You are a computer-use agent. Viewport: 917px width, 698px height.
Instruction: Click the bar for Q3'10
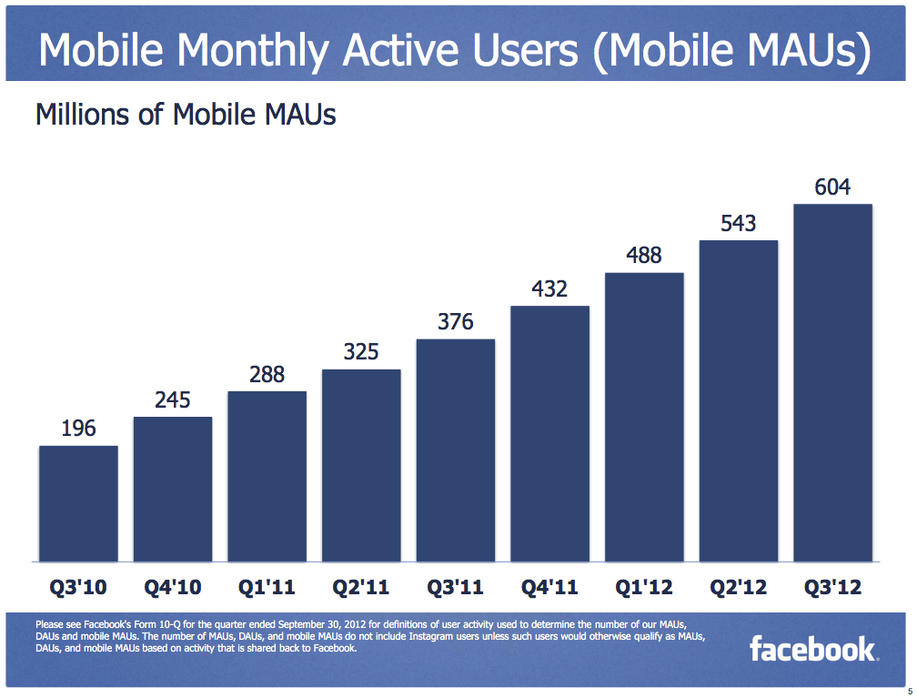pyautogui.click(x=78, y=503)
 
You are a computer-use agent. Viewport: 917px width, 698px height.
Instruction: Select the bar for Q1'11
pyautogui.click(x=267, y=476)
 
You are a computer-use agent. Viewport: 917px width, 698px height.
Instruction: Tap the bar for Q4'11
pyautogui.click(x=549, y=433)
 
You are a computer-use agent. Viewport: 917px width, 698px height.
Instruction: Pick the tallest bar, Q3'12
pyautogui.click(x=832, y=382)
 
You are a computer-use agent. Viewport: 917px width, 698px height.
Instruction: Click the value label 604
pyautogui.click(x=832, y=187)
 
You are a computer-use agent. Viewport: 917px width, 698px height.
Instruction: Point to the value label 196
pyautogui.click(x=78, y=429)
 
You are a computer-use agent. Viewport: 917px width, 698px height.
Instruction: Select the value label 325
pyautogui.click(x=361, y=352)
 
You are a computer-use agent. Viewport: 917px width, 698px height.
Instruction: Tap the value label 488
pyautogui.click(x=644, y=256)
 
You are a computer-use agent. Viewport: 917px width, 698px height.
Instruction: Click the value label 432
pyautogui.click(x=549, y=289)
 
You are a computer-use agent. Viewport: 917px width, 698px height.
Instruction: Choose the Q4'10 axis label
pyautogui.click(x=173, y=588)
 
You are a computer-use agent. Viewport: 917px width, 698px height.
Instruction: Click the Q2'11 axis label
pyautogui.click(x=361, y=588)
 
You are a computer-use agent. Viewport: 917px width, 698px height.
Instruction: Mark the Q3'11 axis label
pyautogui.click(x=456, y=588)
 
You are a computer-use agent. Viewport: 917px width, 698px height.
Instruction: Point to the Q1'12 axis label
pyautogui.click(x=644, y=588)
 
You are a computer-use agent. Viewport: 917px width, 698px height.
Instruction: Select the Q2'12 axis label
pyautogui.click(x=738, y=588)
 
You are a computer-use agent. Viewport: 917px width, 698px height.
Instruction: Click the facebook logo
pyautogui.click(x=812, y=649)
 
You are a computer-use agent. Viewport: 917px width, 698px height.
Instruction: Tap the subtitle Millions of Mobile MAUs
pyautogui.click(x=186, y=115)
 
